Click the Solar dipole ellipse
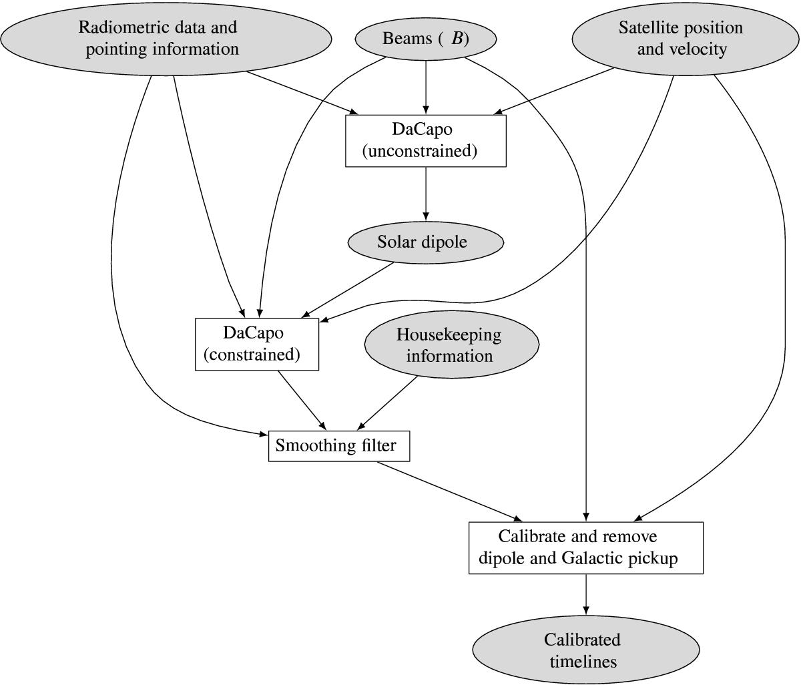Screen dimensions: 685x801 coord(426,242)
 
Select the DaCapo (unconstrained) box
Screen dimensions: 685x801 coord(426,140)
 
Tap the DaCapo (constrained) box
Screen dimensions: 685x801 coord(257,344)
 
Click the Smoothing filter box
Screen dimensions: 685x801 coord(338,446)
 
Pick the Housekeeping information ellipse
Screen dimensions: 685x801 coord(451,345)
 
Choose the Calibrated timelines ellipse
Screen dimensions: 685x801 coord(585,650)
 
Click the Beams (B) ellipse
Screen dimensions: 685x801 coord(426,39)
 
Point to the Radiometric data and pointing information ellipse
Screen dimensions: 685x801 coord(166,39)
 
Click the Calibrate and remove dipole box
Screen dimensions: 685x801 coord(586,547)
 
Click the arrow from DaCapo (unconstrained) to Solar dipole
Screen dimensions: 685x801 coord(426,194)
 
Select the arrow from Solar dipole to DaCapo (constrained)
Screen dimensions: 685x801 coord(347,290)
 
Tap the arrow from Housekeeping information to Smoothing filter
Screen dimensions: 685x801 coord(388,403)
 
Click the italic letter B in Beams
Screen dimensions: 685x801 coord(457,39)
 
